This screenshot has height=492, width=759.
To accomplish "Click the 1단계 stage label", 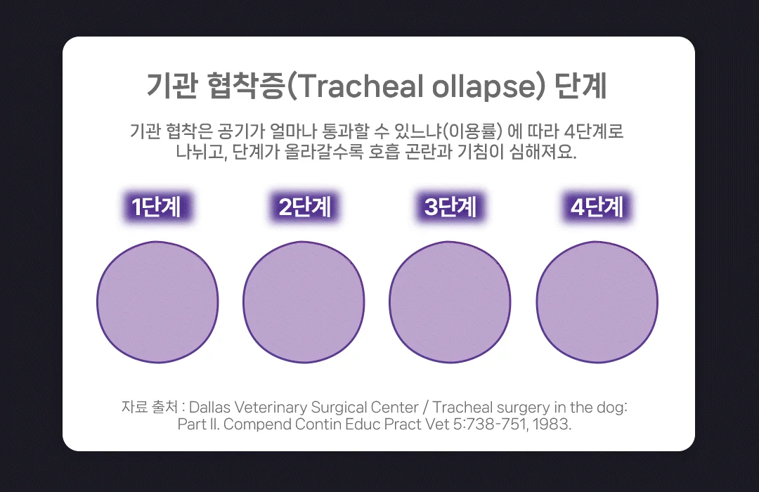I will (157, 207).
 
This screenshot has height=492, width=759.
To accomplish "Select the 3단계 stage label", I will (450, 207).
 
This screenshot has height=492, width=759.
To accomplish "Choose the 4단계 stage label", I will (597, 207).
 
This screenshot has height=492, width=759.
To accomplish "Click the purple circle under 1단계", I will (157, 302).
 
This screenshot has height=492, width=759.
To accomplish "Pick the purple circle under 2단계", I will (304, 302).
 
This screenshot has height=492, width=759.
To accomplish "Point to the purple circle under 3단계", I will (450, 302).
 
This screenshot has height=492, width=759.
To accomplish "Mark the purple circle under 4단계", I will (597, 302).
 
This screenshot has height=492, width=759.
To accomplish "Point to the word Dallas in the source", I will (212, 408).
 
